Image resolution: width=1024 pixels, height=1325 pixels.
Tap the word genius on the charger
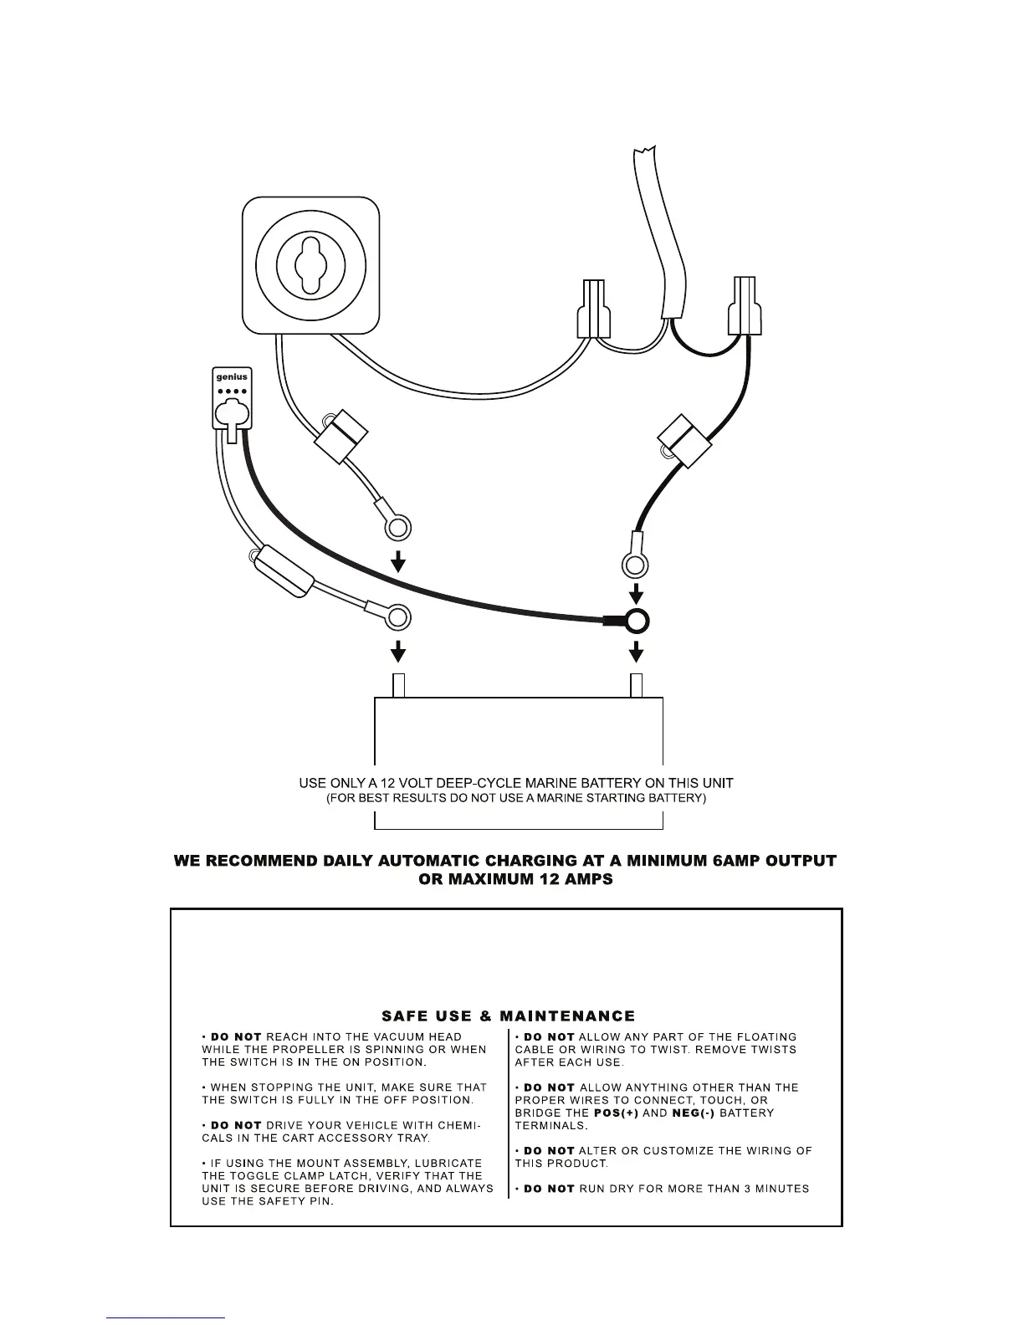click(x=232, y=377)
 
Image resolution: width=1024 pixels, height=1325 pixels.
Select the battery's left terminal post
click(x=399, y=685)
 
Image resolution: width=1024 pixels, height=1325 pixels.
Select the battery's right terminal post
click(x=637, y=685)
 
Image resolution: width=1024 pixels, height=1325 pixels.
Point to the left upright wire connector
click(x=593, y=309)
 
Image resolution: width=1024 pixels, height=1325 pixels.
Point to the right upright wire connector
click(x=745, y=307)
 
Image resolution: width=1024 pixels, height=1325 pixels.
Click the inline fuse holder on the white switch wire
click(x=341, y=437)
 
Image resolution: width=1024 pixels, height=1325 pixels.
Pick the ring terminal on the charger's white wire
click(x=400, y=618)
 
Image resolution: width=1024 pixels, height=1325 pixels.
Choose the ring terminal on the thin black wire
click(x=635, y=565)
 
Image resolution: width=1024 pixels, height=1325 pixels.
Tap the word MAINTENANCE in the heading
click(x=567, y=1016)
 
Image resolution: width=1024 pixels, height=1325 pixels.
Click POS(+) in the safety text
click(x=616, y=1113)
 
